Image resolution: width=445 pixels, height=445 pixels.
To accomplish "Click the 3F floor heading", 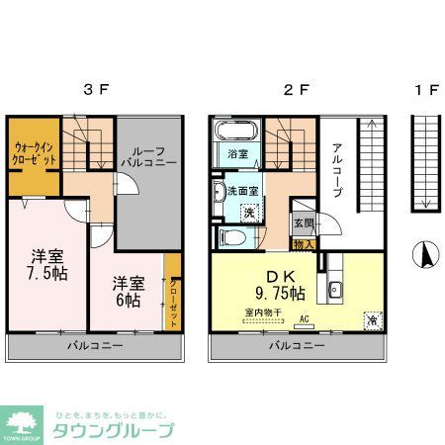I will pyautogui.click(x=96, y=90).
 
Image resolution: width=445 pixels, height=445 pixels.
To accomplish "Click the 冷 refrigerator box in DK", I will pyautogui.click(x=372, y=318).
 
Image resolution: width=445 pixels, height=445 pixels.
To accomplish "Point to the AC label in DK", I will pyautogui.click(x=304, y=318).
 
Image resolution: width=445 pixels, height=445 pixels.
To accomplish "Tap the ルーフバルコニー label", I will pyautogui.click(x=149, y=153).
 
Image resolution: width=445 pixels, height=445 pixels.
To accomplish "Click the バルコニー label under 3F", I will pyautogui.click(x=95, y=346).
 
